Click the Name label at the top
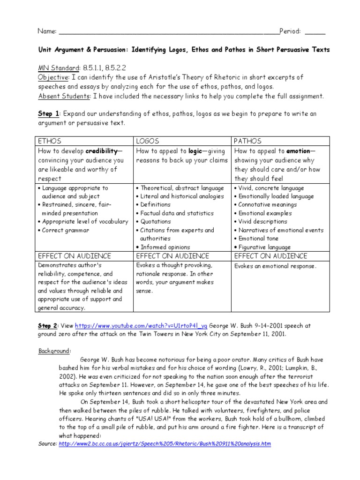[x=46, y=31]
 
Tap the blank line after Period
[x=315, y=32]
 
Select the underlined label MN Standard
[x=54, y=67]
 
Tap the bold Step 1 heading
[x=48, y=114]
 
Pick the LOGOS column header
[x=148, y=141]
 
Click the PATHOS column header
[x=247, y=141]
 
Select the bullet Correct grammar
[x=66, y=230]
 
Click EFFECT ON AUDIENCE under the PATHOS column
[x=270, y=256]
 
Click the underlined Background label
[x=54, y=350]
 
